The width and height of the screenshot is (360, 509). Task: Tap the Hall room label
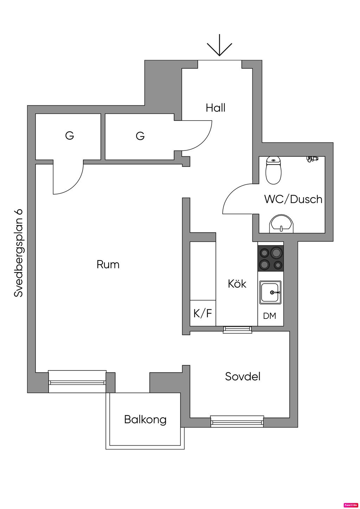coord(216,108)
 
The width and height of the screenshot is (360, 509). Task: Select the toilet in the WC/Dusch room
coord(274,170)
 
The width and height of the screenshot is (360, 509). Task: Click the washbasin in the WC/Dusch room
coord(281,224)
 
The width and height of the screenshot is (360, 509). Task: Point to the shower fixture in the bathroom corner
coord(312,159)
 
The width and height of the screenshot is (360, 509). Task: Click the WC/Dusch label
coord(293,199)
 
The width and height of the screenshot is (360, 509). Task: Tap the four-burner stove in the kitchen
coord(271,258)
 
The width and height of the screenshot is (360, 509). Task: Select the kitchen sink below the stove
coord(270,292)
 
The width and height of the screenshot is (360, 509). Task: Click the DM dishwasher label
coord(270,316)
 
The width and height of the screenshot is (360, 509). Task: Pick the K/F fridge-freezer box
coord(203,313)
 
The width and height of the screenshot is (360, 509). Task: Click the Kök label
coord(237,284)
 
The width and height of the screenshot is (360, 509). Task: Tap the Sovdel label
coord(243,377)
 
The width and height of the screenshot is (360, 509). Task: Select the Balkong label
coord(145,419)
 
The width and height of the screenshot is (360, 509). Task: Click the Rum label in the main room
coord(108,264)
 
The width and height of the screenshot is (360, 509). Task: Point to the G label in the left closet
coord(70,135)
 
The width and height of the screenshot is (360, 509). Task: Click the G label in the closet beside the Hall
coord(140,136)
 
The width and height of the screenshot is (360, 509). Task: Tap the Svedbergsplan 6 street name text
coord(18,253)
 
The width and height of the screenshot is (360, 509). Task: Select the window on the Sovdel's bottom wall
coord(237,421)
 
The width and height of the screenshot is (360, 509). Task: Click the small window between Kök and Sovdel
coord(238,329)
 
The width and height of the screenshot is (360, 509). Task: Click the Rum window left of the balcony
coord(77,381)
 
